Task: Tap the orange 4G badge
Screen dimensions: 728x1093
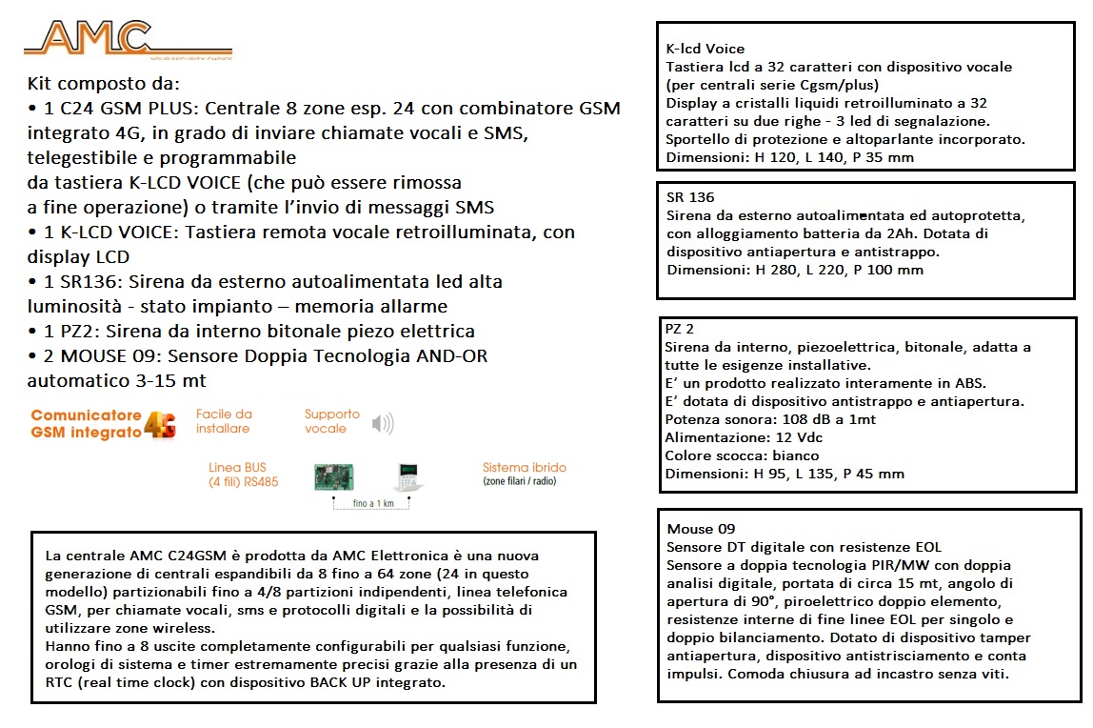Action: (160, 424)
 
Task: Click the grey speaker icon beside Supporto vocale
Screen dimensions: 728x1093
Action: (383, 423)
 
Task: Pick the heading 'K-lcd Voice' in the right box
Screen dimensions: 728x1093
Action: (705, 49)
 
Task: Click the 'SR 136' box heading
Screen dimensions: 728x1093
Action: (690, 197)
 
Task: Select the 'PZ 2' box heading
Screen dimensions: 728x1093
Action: (680, 329)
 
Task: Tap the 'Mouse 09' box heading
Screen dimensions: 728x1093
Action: (701, 529)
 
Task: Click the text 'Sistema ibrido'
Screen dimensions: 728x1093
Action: (525, 468)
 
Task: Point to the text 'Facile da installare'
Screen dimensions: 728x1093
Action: (224, 421)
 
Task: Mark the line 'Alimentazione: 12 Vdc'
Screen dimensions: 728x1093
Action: (744, 437)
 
